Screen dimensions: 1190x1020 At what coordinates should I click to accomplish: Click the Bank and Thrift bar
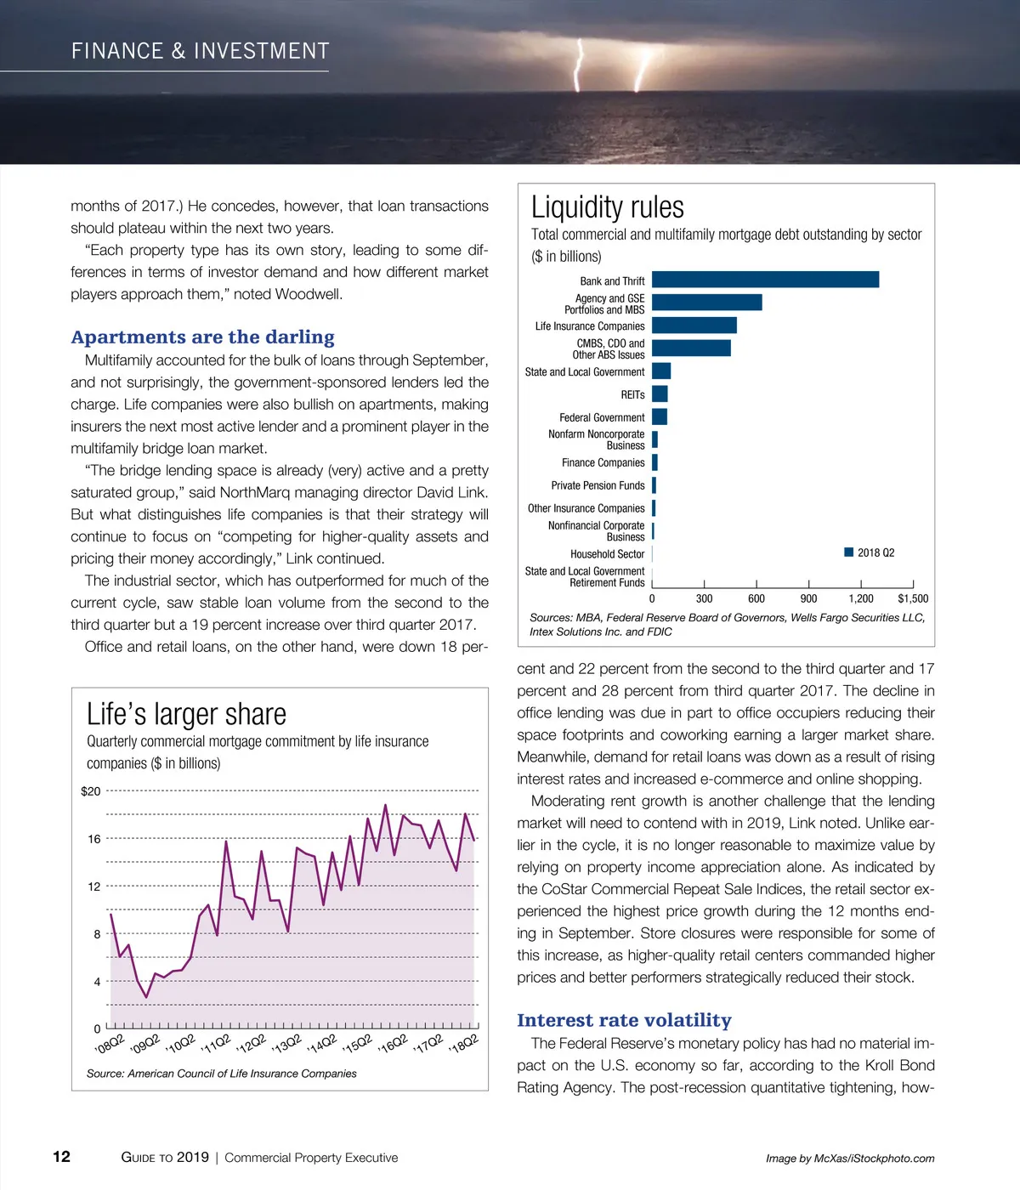click(x=765, y=280)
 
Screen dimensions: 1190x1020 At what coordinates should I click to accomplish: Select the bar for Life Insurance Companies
click(x=694, y=326)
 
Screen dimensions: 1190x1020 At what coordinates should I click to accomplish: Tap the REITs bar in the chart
click(x=660, y=394)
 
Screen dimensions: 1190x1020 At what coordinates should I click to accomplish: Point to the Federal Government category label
click(x=602, y=417)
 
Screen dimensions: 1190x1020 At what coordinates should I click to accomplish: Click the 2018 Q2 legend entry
click(x=870, y=552)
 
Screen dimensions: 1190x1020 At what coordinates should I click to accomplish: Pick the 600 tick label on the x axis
click(x=756, y=598)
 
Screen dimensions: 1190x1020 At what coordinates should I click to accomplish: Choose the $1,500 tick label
click(x=913, y=598)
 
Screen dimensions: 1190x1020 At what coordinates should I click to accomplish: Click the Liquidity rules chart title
click(x=607, y=207)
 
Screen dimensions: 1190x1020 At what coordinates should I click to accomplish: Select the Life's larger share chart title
click(x=186, y=714)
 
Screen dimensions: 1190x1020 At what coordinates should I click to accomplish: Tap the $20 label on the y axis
click(x=90, y=791)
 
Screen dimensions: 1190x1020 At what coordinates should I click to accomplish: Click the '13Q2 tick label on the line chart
click(x=286, y=1044)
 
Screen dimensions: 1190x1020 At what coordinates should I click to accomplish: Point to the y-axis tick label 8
click(x=97, y=934)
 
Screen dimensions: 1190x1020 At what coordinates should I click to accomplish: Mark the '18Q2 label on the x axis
click(x=464, y=1044)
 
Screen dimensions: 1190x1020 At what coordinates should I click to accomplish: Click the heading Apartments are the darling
click(x=202, y=337)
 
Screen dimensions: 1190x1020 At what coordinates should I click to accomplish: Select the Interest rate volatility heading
click(x=624, y=1020)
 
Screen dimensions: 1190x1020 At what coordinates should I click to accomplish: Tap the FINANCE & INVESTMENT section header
click(x=200, y=51)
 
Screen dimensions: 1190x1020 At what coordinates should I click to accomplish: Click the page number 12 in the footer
click(x=62, y=1156)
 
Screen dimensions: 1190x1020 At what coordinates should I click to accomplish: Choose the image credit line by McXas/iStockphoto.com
click(x=850, y=1158)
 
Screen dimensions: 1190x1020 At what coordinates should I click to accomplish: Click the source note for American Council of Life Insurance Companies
click(x=221, y=1074)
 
